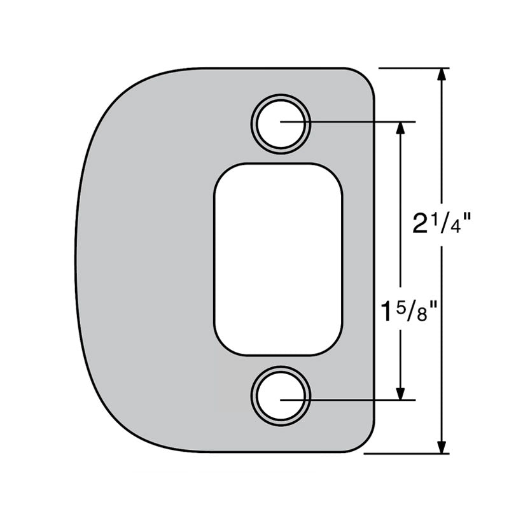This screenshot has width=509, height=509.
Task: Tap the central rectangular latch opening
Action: tap(278, 260)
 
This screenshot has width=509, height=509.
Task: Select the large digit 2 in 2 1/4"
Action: tap(420, 224)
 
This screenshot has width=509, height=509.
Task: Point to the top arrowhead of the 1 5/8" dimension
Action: tap(400, 128)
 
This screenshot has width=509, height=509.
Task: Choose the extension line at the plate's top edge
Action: tap(414, 67)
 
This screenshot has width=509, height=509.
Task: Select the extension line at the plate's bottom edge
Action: tap(407, 454)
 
